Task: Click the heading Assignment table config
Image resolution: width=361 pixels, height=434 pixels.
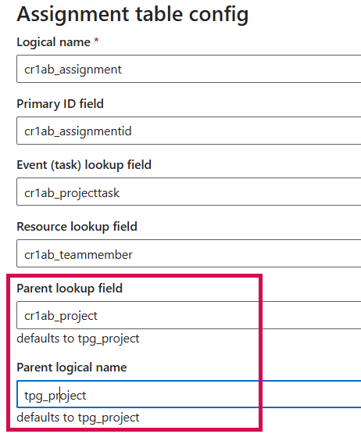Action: (133, 13)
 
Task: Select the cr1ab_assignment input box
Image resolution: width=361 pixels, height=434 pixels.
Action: (188, 69)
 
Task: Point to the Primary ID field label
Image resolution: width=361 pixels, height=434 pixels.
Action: (60, 103)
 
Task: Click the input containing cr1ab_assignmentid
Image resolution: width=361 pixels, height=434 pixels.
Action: (188, 131)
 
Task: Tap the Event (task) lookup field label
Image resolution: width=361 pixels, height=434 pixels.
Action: (84, 165)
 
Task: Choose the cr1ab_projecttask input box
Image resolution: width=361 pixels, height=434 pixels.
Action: (188, 192)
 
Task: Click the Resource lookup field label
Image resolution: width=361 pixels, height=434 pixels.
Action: (77, 227)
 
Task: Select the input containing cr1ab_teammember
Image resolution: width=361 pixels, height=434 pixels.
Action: (188, 254)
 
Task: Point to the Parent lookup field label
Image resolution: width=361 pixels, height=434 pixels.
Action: (70, 289)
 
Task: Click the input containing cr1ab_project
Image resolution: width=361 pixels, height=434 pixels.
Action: (188, 316)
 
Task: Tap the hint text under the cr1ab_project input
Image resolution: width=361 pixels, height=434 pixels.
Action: (78, 339)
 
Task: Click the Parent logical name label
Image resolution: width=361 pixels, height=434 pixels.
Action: (72, 367)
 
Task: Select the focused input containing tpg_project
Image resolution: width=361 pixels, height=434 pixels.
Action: (188, 395)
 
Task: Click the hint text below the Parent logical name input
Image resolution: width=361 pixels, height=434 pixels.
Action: (78, 417)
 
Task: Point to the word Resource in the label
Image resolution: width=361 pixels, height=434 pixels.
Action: (42, 227)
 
